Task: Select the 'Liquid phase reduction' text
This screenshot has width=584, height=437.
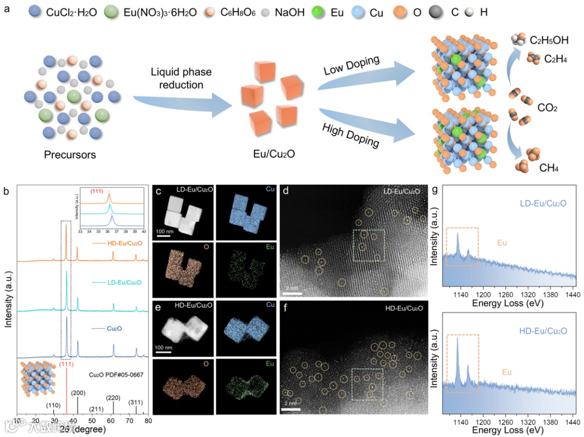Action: pos(181,79)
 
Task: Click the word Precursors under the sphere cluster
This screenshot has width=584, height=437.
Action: pos(70,155)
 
